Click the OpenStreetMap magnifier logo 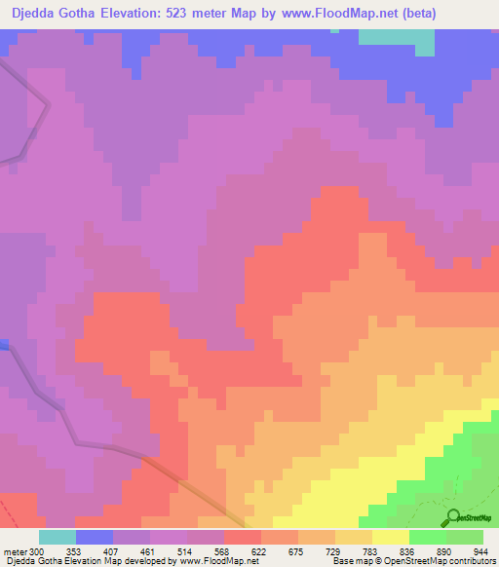(x=452, y=516)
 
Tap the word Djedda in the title (x=32, y=14)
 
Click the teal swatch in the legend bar (x=58, y=536)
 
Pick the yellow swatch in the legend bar (x=391, y=536)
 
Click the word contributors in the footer (x=471, y=561)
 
